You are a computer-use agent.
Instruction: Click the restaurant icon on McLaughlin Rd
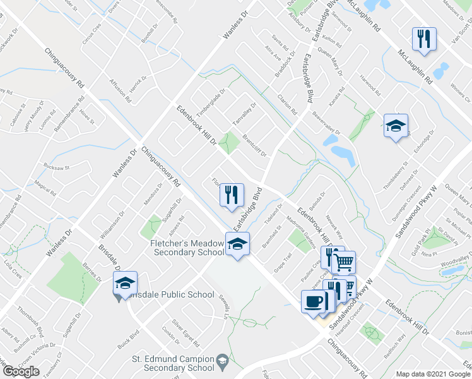(423, 39)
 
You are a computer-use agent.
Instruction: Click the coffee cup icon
(313, 301)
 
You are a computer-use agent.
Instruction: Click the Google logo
(21, 371)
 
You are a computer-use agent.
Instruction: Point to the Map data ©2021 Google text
(433, 374)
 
